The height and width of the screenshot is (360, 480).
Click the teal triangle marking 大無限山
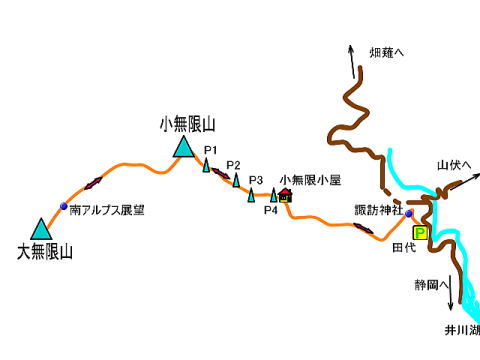pos(41,230)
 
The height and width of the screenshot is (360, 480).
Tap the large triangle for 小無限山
pos(182,148)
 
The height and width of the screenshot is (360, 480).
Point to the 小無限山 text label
pos(187,124)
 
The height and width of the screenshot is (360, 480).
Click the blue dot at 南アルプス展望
pos(64,207)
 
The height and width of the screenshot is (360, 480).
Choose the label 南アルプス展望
pos(107,211)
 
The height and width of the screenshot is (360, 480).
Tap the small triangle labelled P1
pos(206,165)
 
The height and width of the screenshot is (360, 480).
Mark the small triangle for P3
pos(251,194)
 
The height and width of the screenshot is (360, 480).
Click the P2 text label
pos(233,165)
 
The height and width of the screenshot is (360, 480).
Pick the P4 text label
pos(270,210)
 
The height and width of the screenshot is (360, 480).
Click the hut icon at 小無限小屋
pos(285,196)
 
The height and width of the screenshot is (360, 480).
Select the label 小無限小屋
pos(310,179)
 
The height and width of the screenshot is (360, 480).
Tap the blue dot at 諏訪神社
pos(409,213)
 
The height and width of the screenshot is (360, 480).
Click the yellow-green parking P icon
pos(420,232)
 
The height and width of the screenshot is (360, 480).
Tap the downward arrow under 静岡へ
pos(451,299)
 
